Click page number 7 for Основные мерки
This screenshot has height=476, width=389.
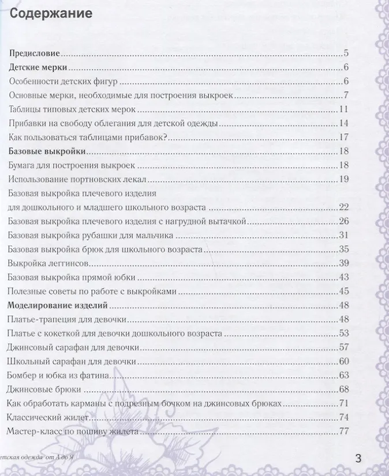345,95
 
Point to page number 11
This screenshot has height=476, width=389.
343,109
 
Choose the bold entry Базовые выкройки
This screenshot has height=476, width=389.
48,151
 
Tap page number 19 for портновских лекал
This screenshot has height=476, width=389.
343,179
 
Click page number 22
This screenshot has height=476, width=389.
343,207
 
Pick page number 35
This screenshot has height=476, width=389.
343,249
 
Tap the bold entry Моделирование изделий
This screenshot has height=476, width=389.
59,305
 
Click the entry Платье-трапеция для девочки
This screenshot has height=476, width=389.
68,319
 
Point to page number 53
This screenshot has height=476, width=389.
343,333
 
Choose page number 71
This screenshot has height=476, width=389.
343,403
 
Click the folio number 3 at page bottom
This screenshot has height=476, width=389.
358,459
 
